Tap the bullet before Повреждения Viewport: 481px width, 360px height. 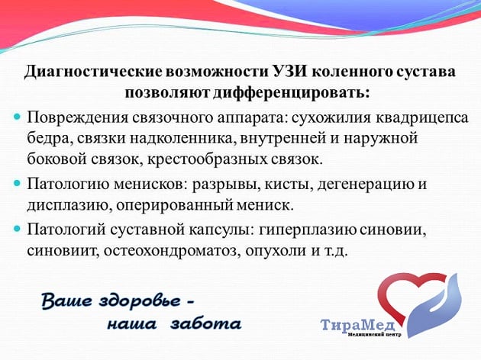[17, 117]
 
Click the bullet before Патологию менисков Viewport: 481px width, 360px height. [17, 184]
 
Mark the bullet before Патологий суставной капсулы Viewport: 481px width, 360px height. [17, 229]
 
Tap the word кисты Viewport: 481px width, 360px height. [289, 185]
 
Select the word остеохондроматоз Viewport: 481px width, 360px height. [171, 251]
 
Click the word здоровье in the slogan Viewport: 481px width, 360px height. [140, 301]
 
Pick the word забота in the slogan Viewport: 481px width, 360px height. [206, 323]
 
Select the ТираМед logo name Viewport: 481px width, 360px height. [357, 325]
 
